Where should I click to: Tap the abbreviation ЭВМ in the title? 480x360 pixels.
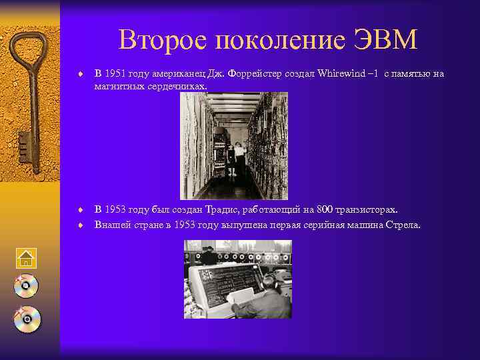tap(386, 41)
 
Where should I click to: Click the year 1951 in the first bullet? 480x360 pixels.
tap(116, 73)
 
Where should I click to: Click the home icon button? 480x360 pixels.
tap(27, 259)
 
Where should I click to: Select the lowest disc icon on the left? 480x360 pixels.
tap(27, 319)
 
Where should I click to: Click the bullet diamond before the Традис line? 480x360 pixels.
tap(79, 209)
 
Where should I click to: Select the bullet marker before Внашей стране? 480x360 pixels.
tap(79, 225)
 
